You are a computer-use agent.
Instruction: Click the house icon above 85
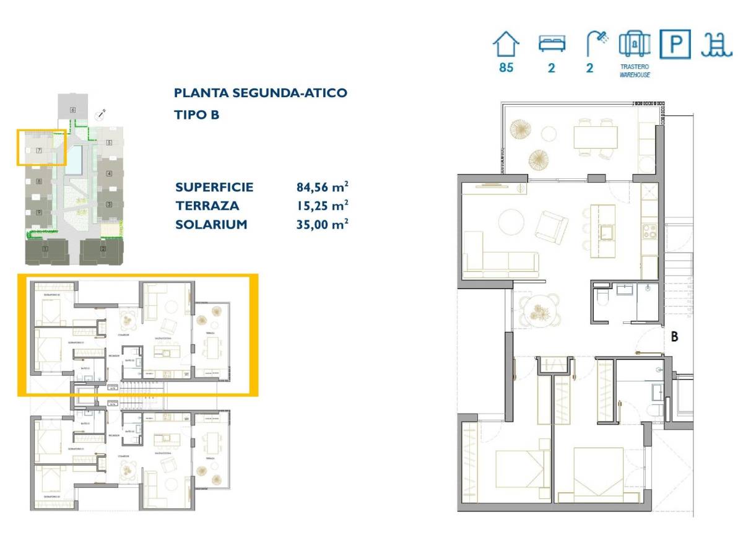click(x=506, y=45)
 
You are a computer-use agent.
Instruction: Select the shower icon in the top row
click(x=596, y=44)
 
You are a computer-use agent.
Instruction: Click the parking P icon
click(x=674, y=44)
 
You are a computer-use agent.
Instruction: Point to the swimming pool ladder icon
click(x=716, y=45)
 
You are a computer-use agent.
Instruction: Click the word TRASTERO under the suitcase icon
click(x=635, y=67)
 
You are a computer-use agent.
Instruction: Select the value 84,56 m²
click(x=322, y=187)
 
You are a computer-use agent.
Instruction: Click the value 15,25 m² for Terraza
click(x=322, y=206)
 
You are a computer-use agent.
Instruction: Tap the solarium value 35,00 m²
click(x=322, y=224)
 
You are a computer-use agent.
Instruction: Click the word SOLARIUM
click(x=211, y=224)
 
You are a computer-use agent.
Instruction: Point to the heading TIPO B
click(x=197, y=115)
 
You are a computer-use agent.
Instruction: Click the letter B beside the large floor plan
click(x=675, y=337)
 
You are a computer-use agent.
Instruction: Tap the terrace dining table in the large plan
click(x=595, y=137)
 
